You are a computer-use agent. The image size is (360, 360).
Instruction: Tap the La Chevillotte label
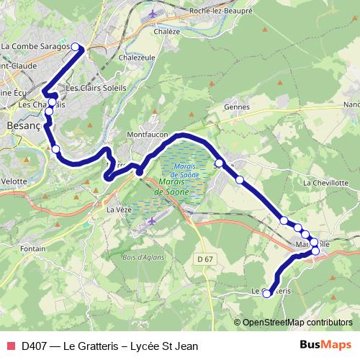[x=325, y=183]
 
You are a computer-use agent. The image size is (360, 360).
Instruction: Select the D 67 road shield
[x=204, y=258]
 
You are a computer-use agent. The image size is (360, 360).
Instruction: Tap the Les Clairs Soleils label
[x=96, y=88]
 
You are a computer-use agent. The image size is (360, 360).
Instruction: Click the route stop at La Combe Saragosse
[x=80, y=48]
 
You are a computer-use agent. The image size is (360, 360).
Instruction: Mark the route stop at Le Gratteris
[x=267, y=293]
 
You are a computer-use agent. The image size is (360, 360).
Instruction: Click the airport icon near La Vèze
[x=153, y=221]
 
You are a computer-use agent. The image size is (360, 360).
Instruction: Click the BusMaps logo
[x=325, y=345]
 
